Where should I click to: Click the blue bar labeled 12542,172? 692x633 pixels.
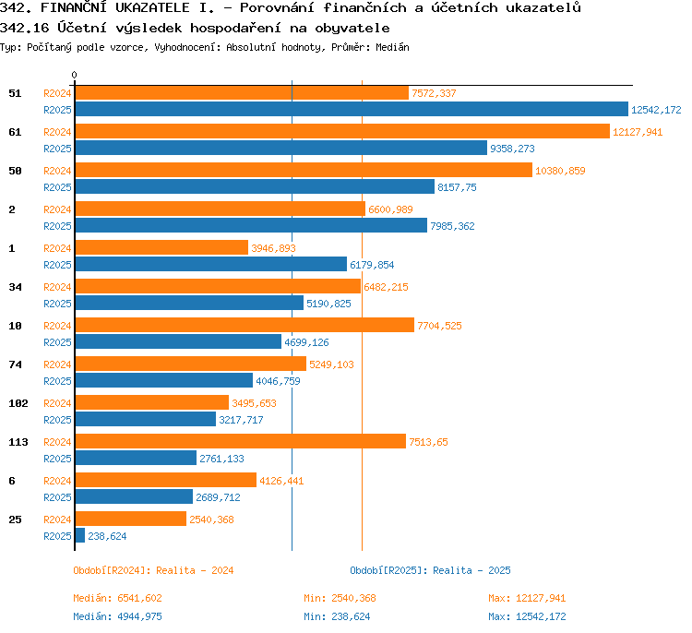point(352,109)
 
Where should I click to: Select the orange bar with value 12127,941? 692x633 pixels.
point(342,131)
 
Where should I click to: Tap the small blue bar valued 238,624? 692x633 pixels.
point(80,535)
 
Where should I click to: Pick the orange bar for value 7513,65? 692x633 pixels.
point(241,441)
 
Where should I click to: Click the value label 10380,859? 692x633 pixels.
point(560,171)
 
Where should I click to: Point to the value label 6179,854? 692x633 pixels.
point(372,265)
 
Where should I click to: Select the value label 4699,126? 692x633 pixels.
point(306,342)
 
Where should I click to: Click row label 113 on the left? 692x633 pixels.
point(18,442)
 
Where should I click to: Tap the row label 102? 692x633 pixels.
point(18,403)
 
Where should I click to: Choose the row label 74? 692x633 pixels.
point(15,364)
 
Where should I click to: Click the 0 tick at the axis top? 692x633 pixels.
point(74,75)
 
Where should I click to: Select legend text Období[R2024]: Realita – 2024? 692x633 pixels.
point(153,570)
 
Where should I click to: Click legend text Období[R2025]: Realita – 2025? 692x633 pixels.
point(430,570)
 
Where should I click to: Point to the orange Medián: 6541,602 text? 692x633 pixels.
point(117,598)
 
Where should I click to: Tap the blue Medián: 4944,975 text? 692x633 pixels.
point(117,616)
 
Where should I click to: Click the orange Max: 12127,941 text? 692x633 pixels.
point(527,598)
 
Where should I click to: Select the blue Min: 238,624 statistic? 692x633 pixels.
point(337,616)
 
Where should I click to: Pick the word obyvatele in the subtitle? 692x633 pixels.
point(352,29)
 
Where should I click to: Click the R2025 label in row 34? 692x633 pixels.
point(57,304)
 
